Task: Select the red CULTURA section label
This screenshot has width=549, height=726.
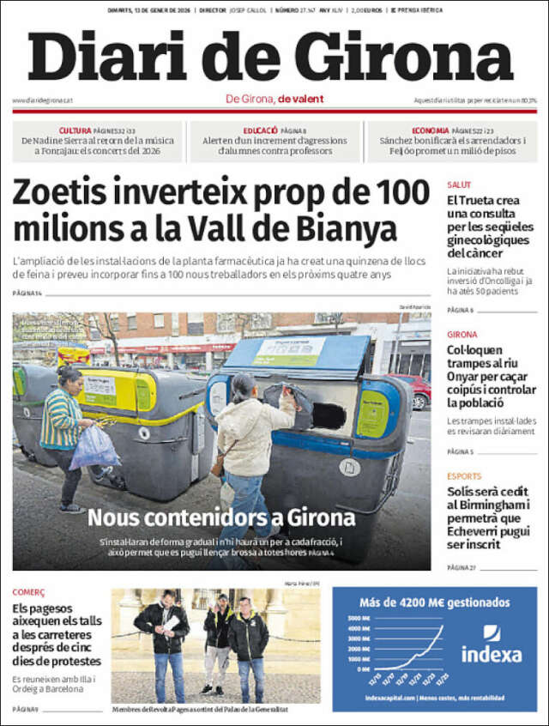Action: click(75, 130)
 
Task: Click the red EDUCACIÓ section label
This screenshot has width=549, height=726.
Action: click(260, 130)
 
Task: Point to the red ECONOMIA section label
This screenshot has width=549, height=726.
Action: click(430, 130)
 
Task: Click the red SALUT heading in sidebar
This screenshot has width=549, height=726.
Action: click(459, 185)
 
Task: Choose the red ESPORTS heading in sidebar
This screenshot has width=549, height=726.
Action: click(464, 476)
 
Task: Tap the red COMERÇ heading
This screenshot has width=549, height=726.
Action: click(28, 592)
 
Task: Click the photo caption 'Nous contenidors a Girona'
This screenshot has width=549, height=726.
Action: click(221, 517)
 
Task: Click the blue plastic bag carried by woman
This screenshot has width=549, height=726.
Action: click(94, 447)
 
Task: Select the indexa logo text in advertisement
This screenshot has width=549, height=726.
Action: click(492, 654)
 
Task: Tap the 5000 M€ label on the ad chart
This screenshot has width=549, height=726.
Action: click(359, 618)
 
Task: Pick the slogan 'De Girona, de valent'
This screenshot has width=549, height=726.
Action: click(274, 99)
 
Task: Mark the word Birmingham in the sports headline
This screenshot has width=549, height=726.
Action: click(490, 506)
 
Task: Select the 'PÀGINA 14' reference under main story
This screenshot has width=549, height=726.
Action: click(27, 293)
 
